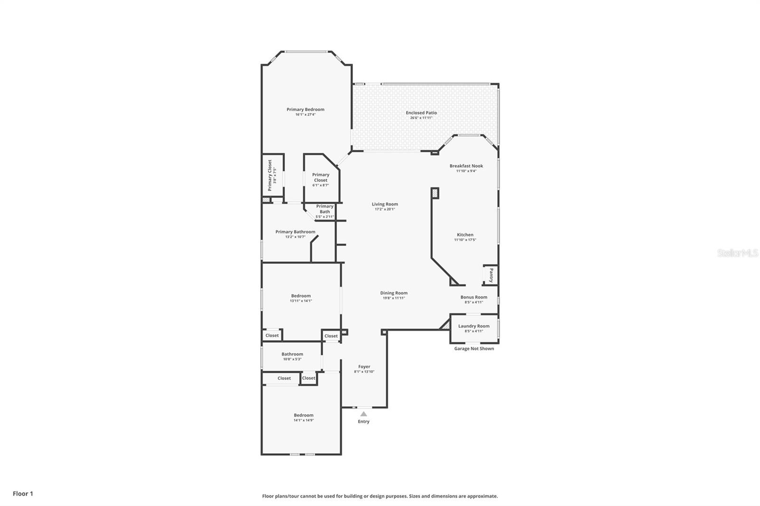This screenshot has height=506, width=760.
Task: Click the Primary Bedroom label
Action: [x=305, y=110]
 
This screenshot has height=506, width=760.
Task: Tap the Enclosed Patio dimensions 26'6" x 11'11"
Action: [x=421, y=118]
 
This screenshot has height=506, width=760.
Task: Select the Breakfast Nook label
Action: [x=466, y=166]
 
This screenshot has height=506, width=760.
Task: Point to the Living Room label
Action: [x=385, y=204]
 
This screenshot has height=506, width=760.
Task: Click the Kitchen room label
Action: [x=465, y=235]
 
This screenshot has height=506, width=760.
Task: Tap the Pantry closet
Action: [x=491, y=275]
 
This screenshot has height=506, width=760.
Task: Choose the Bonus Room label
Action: [x=474, y=297]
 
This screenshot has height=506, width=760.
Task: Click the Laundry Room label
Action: [x=474, y=326]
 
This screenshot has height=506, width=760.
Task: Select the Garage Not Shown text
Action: [x=474, y=348]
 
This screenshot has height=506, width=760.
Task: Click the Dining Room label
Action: [x=394, y=293]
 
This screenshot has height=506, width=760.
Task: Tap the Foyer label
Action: [x=364, y=366]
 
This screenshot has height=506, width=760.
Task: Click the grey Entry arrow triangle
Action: [x=363, y=414]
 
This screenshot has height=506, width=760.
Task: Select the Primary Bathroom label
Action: [x=295, y=232]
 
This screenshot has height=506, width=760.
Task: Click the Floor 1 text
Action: [x=23, y=494]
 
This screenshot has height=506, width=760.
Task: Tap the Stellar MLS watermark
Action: [x=737, y=253]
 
